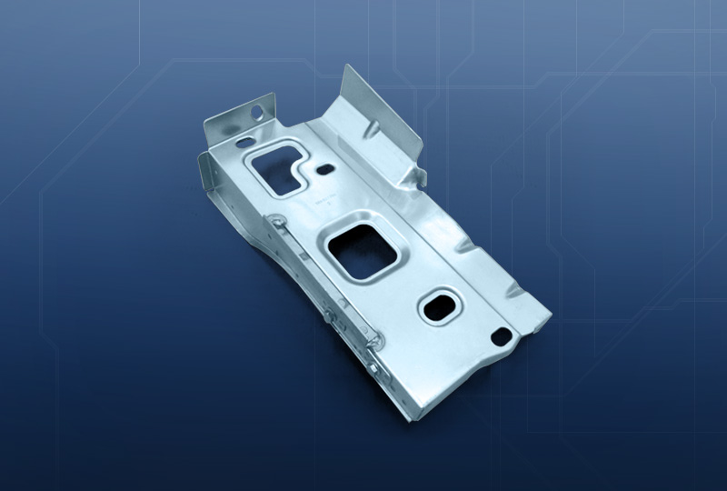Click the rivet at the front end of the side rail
click(375, 338)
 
